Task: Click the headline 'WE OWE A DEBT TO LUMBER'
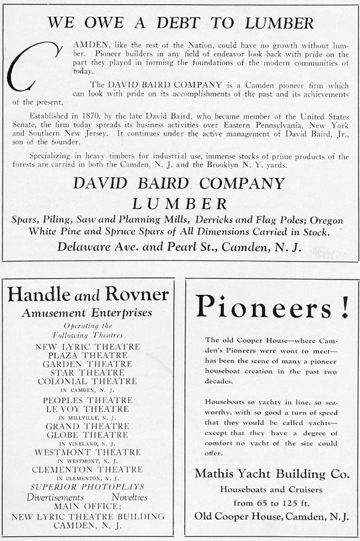[x=180, y=23]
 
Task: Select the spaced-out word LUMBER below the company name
[x=180, y=204]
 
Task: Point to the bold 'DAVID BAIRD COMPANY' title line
[x=180, y=183]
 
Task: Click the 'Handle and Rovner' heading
[x=88, y=295]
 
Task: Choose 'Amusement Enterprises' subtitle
[x=87, y=313]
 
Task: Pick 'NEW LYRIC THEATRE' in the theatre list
[x=88, y=347]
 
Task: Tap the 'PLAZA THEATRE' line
[x=88, y=355]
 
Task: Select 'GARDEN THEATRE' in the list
[x=88, y=364]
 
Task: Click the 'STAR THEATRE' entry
[x=88, y=373]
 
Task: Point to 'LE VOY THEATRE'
[x=88, y=409]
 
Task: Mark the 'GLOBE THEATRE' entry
[x=88, y=434]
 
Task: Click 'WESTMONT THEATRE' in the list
[x=88, y=452]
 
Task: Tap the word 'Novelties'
[x=129, y=497]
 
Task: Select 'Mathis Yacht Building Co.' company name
[x=272, y=474]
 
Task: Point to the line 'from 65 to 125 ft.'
[x=272, y=502]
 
